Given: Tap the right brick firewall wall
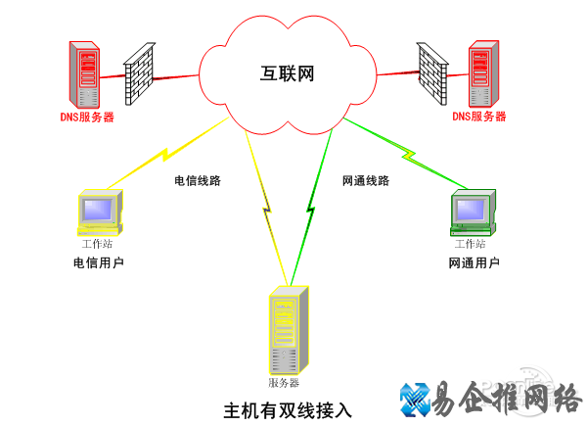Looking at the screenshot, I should tap(430, 72).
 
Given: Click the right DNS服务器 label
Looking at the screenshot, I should tap(479, 117).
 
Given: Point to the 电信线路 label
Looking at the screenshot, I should tap(198, 181).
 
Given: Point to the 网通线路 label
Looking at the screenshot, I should tap(366, 181).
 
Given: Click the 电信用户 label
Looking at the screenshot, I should tap(99, 262).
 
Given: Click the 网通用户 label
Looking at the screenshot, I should tap(474, 262).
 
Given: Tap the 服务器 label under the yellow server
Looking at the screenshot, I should tap(284, 382).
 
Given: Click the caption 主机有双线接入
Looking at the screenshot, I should tap(287, 408).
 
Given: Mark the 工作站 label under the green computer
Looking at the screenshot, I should tap(470, 244).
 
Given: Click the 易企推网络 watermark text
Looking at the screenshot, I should tap(507, 398).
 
